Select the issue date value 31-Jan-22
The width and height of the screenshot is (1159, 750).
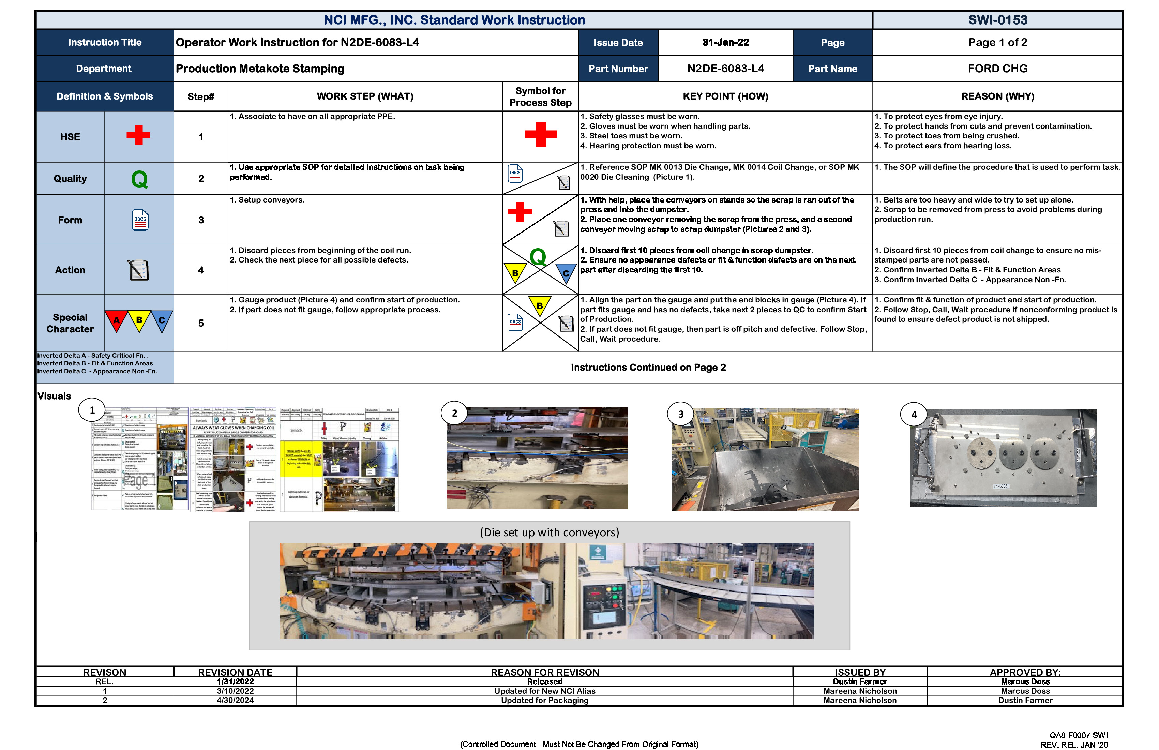[725, 42]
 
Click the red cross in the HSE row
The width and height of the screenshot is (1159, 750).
[138, 135]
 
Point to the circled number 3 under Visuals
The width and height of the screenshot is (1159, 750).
[680, 414]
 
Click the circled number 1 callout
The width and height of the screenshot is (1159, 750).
[92, 410]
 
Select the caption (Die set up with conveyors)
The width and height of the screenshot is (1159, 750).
[549, 532]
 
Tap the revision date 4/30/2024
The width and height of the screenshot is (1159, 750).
[235, 700]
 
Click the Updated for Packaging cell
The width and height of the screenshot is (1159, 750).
[544, 700]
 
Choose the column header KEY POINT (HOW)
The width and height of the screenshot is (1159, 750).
[725, 96]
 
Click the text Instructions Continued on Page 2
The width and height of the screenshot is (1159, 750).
[648, 367]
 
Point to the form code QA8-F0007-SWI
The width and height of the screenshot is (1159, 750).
[1078, 735]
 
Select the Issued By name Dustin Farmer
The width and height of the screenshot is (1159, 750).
[859, 682]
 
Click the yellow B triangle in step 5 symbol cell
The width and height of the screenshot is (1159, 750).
[540, 305]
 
